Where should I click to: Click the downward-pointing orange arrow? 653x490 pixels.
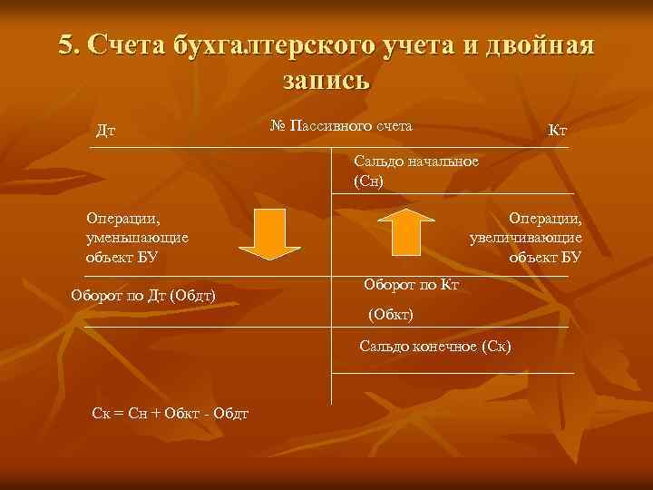(x=269, y=233)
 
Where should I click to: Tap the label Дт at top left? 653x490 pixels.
(x=106, y=132)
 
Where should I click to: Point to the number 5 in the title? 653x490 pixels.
(x=66, y=45)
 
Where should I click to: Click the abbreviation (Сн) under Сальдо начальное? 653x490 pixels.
(x=369, y=181)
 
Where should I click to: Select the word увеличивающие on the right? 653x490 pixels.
(x=526, y=238)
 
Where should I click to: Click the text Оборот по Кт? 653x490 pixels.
(x=412, y=285)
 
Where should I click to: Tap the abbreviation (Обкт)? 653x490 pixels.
(x=390, y=314)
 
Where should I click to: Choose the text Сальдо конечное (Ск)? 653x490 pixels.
(x=435, y=346)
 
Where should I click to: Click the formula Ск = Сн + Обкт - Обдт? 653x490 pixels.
(x=171, y=414)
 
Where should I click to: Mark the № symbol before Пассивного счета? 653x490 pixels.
(x=278, y=124)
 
